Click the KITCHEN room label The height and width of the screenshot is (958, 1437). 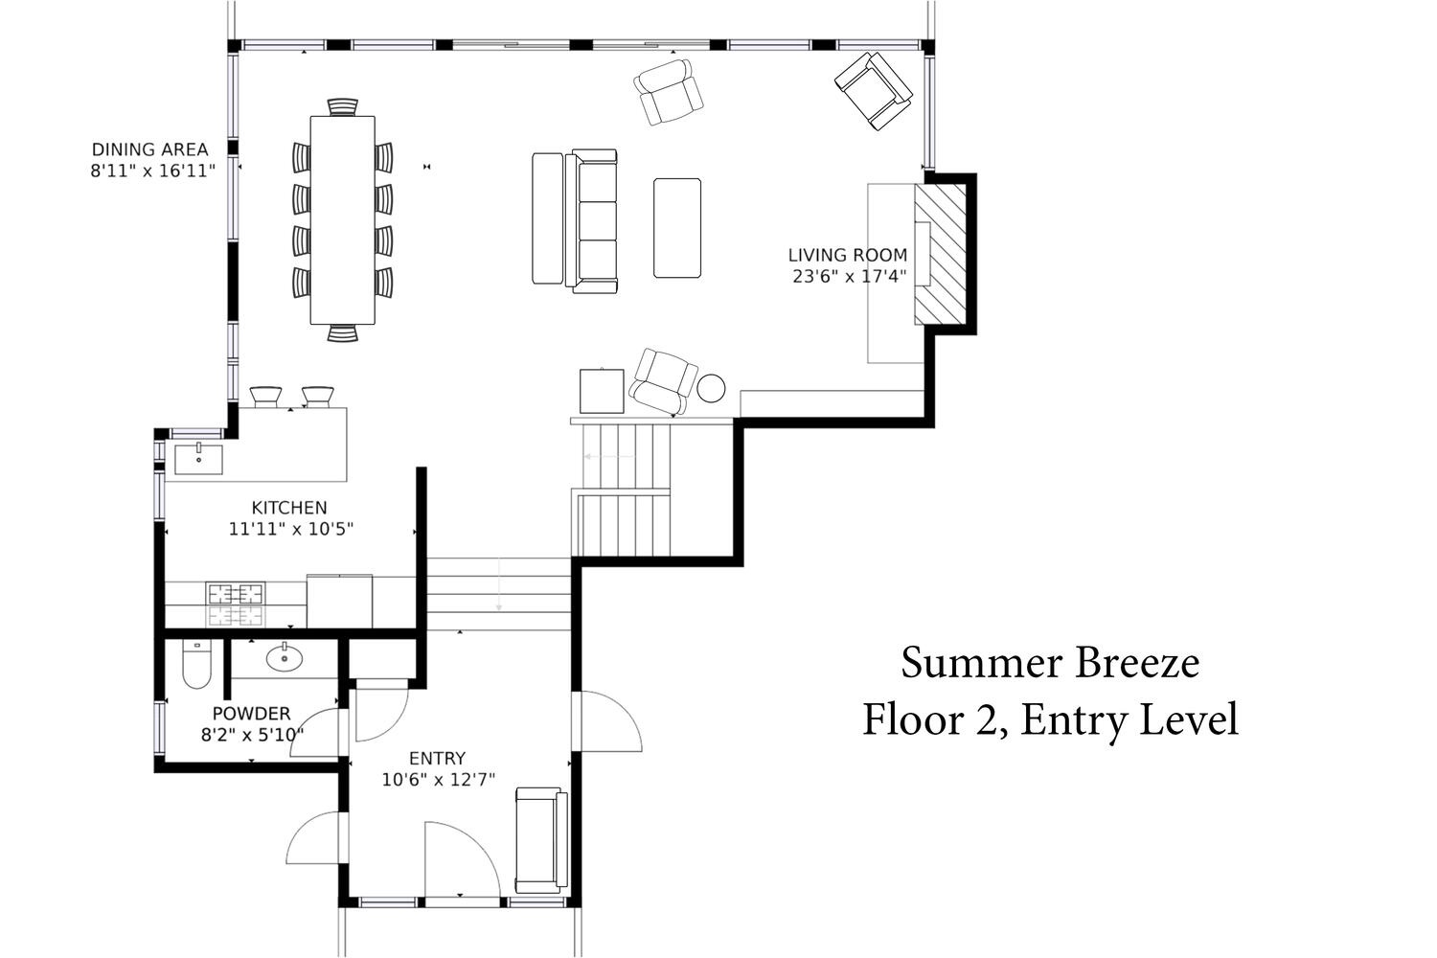[289, 508]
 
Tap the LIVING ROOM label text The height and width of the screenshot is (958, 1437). [848, 256]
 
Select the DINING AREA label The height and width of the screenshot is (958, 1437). [150, 149]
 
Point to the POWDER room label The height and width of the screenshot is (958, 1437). [251, 714]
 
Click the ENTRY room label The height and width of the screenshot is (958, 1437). [438, 759]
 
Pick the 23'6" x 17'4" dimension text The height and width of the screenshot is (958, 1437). [850, 277]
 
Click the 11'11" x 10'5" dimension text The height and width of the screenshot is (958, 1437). [291, 530]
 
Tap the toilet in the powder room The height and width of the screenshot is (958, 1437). [196, 664]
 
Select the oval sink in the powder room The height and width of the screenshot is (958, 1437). [285, 658]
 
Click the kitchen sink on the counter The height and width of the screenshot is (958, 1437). [199, 460]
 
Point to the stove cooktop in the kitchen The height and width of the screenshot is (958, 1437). [236, 604]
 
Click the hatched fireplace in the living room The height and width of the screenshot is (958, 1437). [941, 254]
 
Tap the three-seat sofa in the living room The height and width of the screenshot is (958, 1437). [591, 221]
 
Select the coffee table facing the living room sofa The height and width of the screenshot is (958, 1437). [677, 228]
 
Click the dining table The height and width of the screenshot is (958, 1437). [343, 220]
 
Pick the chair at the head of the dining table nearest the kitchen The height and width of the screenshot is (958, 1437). [343, 333]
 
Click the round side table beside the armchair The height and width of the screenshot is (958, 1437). [711, 388]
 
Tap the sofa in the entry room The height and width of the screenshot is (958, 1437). [542, 840]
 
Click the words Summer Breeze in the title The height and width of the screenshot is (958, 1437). [1050, 663]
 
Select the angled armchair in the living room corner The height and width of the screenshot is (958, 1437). [874, 90]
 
